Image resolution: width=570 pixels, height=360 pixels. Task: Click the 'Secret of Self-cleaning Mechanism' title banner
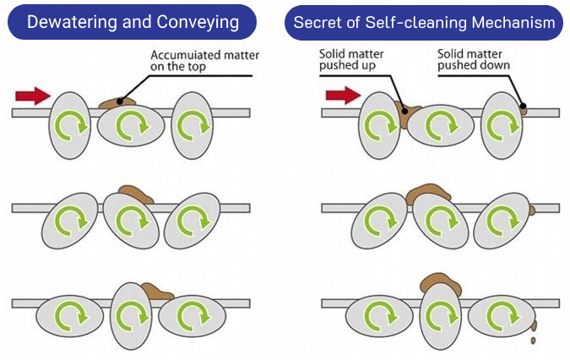[425, 23]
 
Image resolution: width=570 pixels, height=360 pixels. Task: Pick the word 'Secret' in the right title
[318, 23]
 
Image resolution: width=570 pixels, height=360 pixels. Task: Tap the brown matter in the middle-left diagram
[136, 193]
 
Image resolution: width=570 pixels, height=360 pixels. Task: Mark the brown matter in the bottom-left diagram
[156, 292]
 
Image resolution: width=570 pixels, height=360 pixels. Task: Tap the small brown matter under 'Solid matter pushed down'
[524, 108]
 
